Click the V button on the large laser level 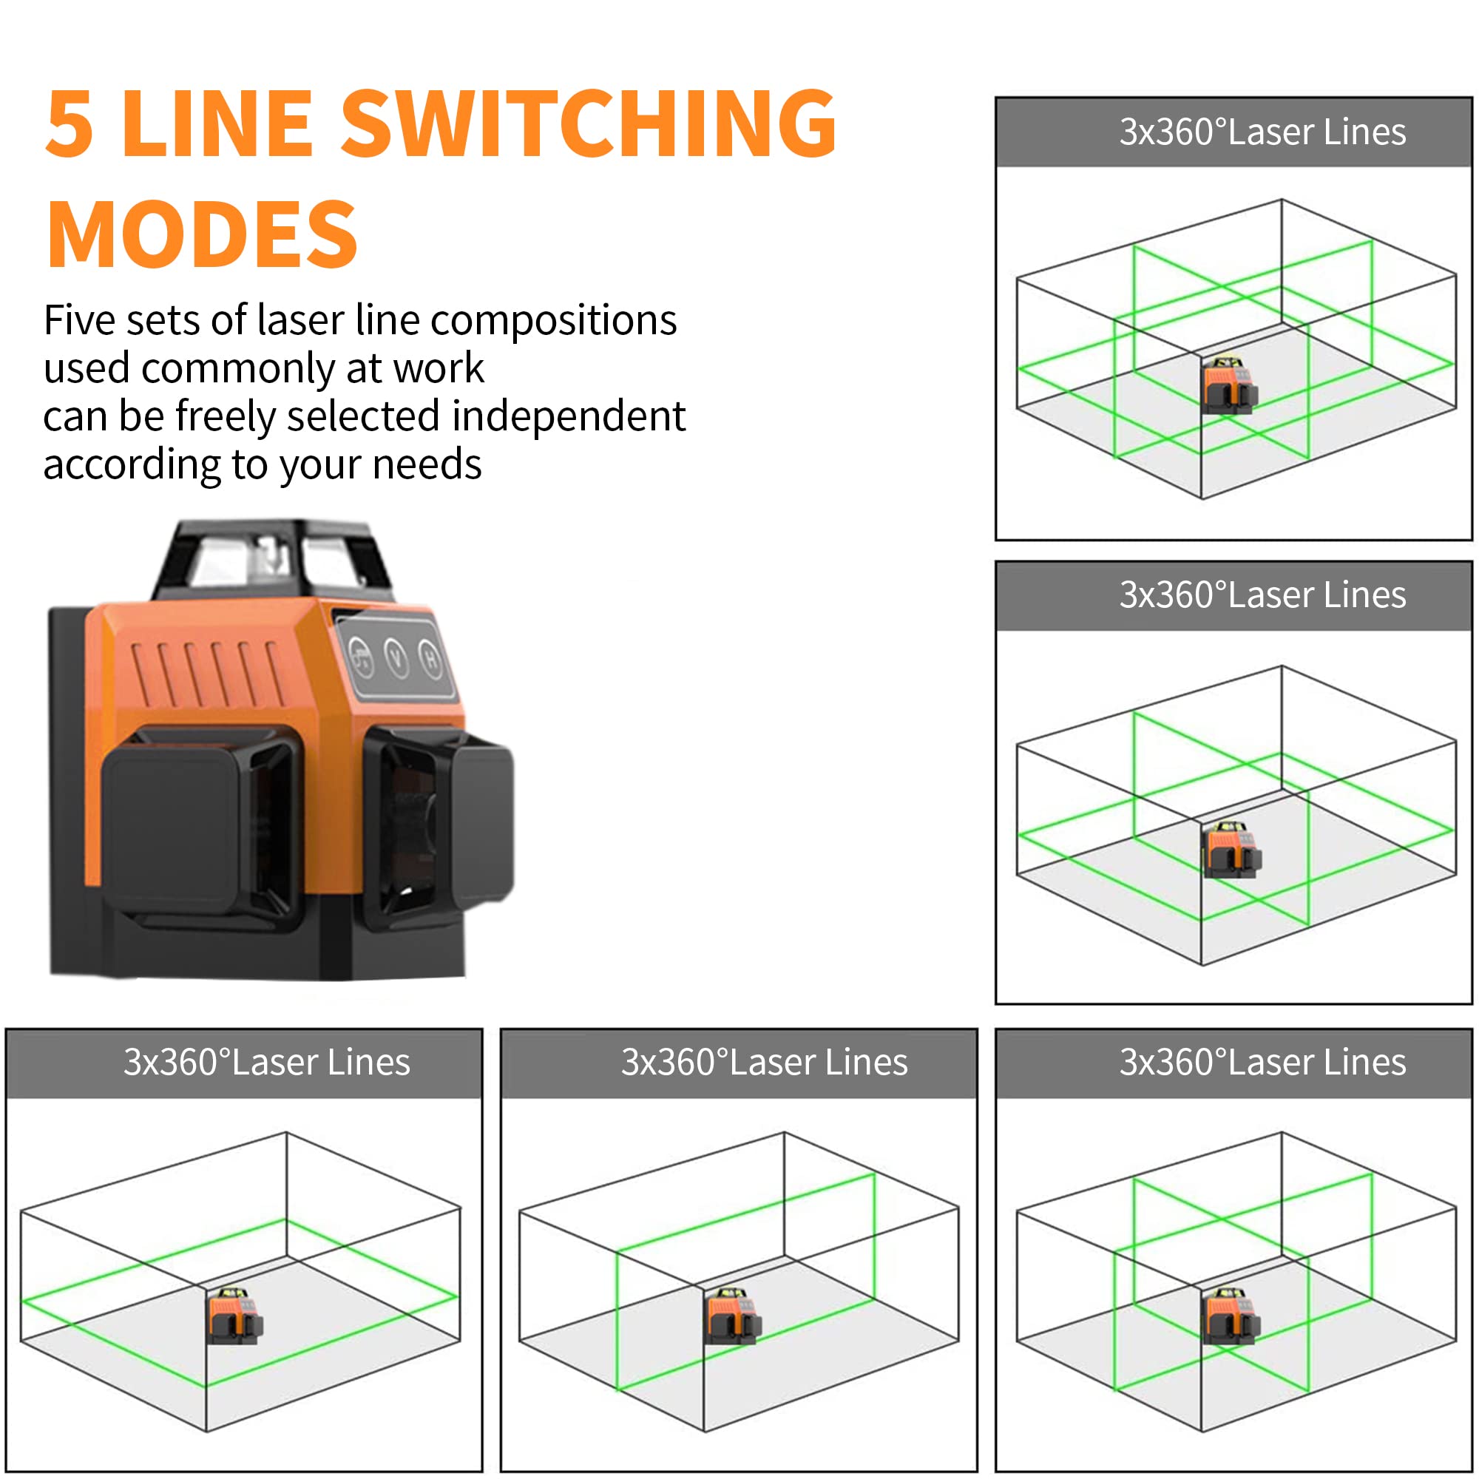coord(396,657)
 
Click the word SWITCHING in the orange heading coord(588,124)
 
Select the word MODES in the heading coord(202,234)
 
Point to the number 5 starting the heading coord(69,124)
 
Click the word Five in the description coord(79,320)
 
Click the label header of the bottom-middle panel coord(739,1063)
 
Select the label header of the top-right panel coord(1233,132)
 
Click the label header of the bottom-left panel coord(243,1063)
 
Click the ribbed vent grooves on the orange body coord(208,673)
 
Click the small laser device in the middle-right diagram coord(1231,849)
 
